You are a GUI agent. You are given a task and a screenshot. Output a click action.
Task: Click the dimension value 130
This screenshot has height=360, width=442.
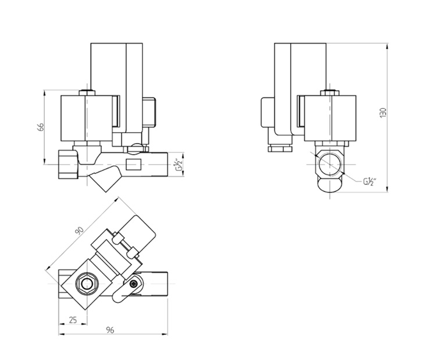coord(382,113)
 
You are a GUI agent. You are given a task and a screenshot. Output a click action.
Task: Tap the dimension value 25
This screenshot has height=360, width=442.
coord(73,320)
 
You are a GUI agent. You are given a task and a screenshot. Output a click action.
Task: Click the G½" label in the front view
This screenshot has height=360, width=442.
coord(179,166)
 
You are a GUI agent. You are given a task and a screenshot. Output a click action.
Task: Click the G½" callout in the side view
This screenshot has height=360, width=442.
coord(370,182)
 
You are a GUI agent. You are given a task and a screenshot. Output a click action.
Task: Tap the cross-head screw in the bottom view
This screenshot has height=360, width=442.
coord(134,283)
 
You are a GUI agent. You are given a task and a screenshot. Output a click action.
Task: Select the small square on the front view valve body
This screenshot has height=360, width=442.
coord(134,165)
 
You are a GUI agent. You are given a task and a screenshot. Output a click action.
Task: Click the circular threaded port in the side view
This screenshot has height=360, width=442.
coord(330,165)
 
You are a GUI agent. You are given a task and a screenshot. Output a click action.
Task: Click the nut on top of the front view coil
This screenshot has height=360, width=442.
coord(86,92)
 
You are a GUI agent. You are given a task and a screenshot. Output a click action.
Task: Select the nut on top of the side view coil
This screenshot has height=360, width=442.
coord(330,92)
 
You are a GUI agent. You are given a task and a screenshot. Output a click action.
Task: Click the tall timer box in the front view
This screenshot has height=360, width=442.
coord(117,76)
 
